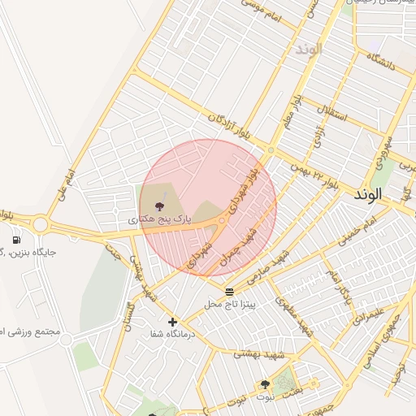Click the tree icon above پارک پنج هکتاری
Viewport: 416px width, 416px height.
(158, 206)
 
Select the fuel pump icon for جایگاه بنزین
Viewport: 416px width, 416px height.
(17, 240)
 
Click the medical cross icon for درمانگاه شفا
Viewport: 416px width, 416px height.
(172, 322)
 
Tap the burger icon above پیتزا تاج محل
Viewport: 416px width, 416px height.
(230, 291)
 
